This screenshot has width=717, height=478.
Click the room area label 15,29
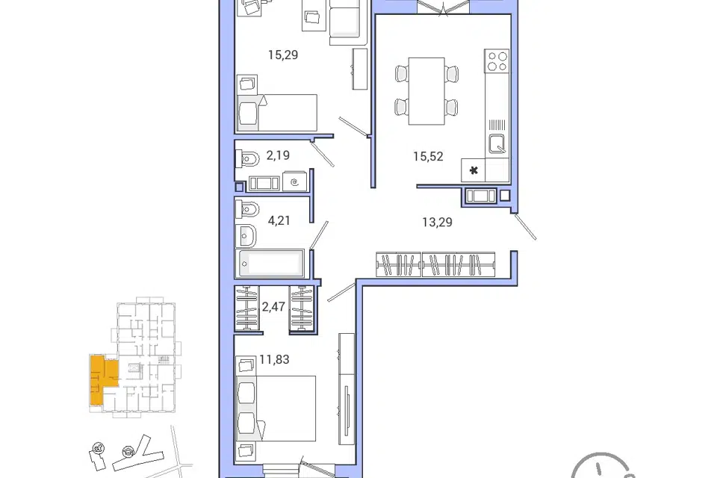point(283,55)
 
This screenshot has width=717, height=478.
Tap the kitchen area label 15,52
point(428,156)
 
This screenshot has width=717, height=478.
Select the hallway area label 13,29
point(437,223)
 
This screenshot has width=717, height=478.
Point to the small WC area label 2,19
point(278,155)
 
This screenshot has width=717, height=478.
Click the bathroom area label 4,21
point(279,220)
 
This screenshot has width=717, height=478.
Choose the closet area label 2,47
point(273,306)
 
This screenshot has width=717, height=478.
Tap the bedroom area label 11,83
point(274,359)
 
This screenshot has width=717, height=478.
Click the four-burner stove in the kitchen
point(497,60)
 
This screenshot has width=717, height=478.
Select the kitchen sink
point(497,143)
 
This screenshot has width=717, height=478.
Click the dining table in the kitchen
point(426,91)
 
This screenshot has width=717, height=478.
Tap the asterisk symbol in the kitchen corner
point(474,170)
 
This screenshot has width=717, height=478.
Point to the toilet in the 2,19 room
point(247,159)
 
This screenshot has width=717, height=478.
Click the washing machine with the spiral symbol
point(295,182)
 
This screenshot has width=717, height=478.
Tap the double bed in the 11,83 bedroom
point(276,409)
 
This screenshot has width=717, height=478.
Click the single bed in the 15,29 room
point(277,113)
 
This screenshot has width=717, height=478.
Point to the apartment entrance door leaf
point(525,226)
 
